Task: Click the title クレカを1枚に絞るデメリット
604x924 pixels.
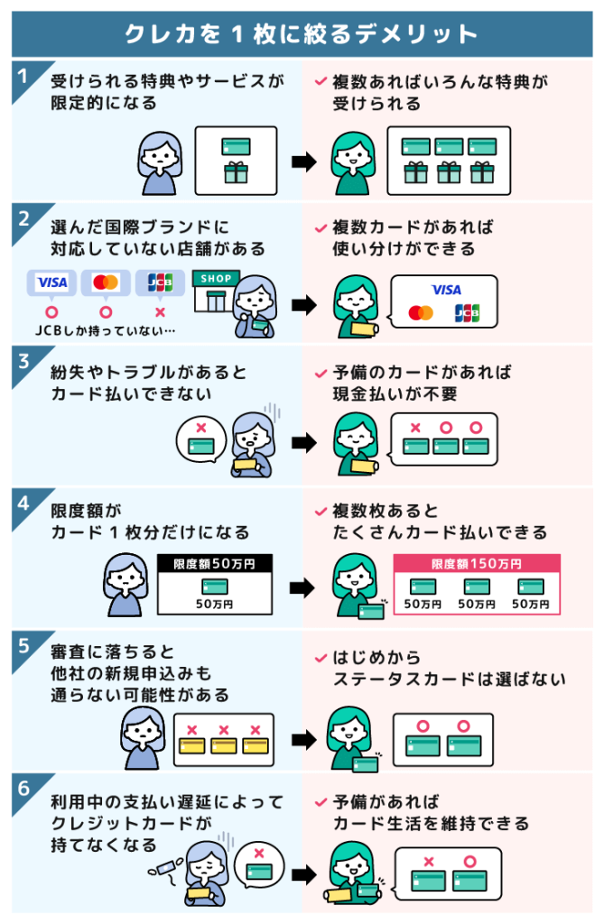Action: point(302,34)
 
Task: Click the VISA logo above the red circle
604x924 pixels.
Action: point(51,282)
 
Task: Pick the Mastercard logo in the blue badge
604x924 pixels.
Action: point(106,282)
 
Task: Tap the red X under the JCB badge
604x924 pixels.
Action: point(160,312)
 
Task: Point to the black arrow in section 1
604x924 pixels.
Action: point(303,163)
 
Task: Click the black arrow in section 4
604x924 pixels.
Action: point(303,587)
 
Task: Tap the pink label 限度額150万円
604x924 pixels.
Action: point(476,564)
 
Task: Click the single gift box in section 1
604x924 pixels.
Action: point(236,172)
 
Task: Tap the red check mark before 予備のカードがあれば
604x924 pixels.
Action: point(320,372)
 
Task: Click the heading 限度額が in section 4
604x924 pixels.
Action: point(77,510)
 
